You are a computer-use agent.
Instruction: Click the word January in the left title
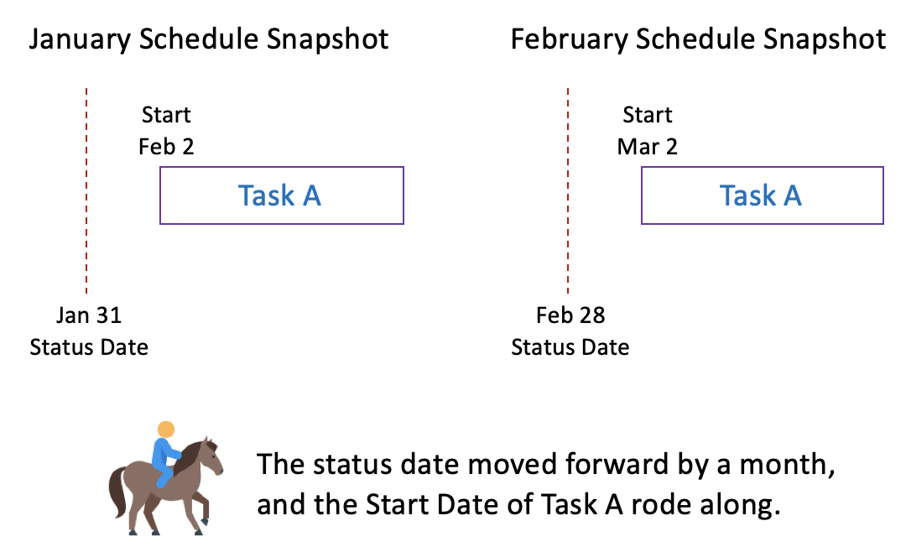coord(80,40)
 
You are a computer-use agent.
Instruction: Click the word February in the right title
coord(569,40)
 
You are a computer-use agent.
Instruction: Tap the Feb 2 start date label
coord(166,147)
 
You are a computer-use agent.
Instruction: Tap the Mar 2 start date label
coord(647,147)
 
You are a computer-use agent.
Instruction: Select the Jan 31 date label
coord(89,315)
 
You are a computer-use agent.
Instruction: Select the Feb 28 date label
coord(570,315)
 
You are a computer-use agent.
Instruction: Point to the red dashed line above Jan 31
coord(86,190)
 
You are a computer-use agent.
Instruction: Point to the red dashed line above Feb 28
coord(568,190)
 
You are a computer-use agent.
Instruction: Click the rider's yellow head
coord(166,430)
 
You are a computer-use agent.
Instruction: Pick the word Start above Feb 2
coord(166,115)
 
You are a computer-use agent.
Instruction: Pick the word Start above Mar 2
coord(647,115)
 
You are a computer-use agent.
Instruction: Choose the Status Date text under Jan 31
coord(89,347)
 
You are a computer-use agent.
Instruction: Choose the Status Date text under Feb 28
coord(570,347)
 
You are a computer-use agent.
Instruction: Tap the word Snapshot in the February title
coord(825,40)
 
